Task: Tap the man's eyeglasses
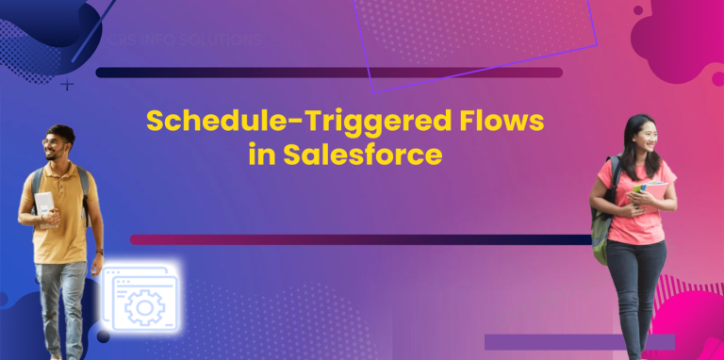[x=53, y=142]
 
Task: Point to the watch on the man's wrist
[x=99, y=253]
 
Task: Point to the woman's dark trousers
[x=635, y=292]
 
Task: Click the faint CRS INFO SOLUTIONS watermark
[x=185, y=41]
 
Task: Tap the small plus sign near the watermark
[x=67, y=85]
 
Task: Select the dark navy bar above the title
[x=329, y=73]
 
